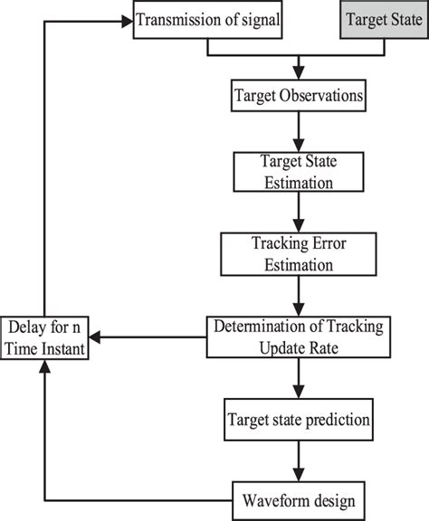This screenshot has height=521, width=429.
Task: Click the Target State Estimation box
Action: coord(298,172)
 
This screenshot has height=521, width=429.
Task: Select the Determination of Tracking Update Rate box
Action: coord(298,336)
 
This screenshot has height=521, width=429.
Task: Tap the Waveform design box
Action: coord(298,498)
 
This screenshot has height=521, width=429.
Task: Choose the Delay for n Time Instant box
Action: coord(45,336)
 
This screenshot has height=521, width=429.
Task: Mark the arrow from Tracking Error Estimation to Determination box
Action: coord(298,293)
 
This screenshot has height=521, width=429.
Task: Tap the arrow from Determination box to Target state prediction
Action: coord(298,380)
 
